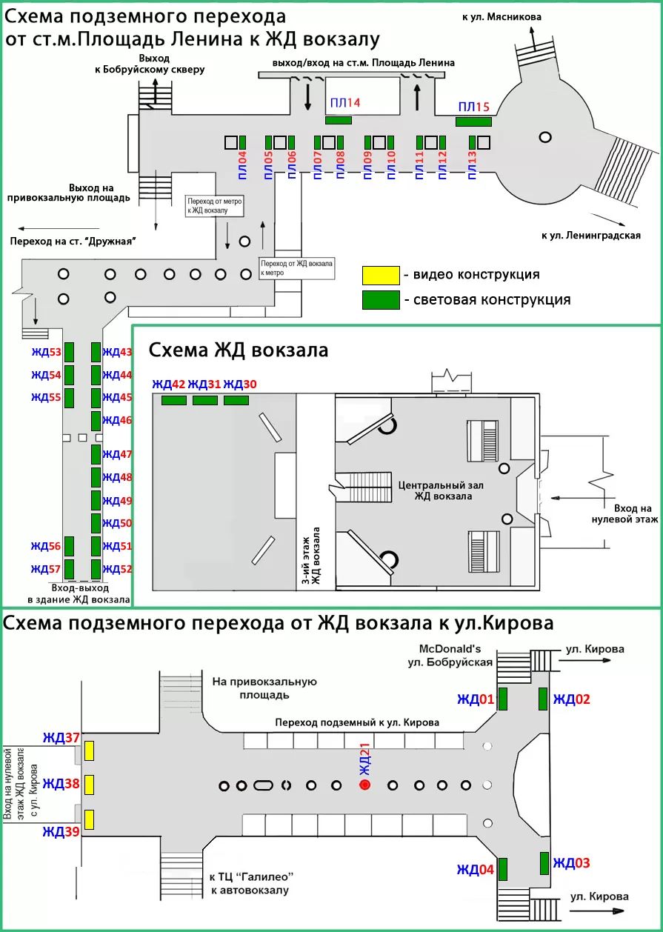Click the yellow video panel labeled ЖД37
coord(89,750)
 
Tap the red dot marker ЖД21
coord(364,785)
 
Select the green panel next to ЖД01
coord(502,699)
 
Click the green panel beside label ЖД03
coord(544,863)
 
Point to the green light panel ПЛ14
coord(339,120)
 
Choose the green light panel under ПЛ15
coord(473,121)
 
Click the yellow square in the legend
coord(380,275)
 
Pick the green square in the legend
coord(380,300)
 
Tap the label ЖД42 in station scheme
coord(168,384)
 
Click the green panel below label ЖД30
coord(236,400)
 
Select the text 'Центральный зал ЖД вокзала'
coord(435,490)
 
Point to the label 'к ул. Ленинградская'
coord(590,236)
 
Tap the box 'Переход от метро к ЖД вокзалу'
coord(215,206)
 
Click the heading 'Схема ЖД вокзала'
coord(238,350)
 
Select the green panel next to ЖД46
coord(96,421)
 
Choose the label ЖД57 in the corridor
coord(45,569)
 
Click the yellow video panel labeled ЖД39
coord(89,819)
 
